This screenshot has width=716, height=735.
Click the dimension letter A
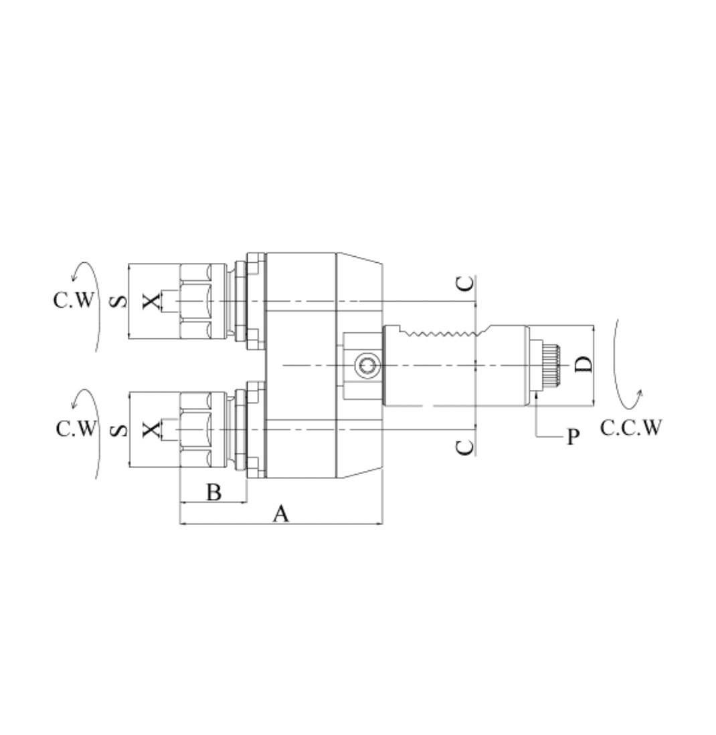(x=281, y=514)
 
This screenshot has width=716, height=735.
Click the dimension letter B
(x=214, y=493)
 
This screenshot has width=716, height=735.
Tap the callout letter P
(x=573, y=437)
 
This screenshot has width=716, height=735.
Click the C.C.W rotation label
(x=631, y=427)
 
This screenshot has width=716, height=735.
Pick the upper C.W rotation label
(x=74, y=300)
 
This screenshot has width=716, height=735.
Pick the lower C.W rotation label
(x=76, y=429)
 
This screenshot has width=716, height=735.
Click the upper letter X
(x=151, y=302)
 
